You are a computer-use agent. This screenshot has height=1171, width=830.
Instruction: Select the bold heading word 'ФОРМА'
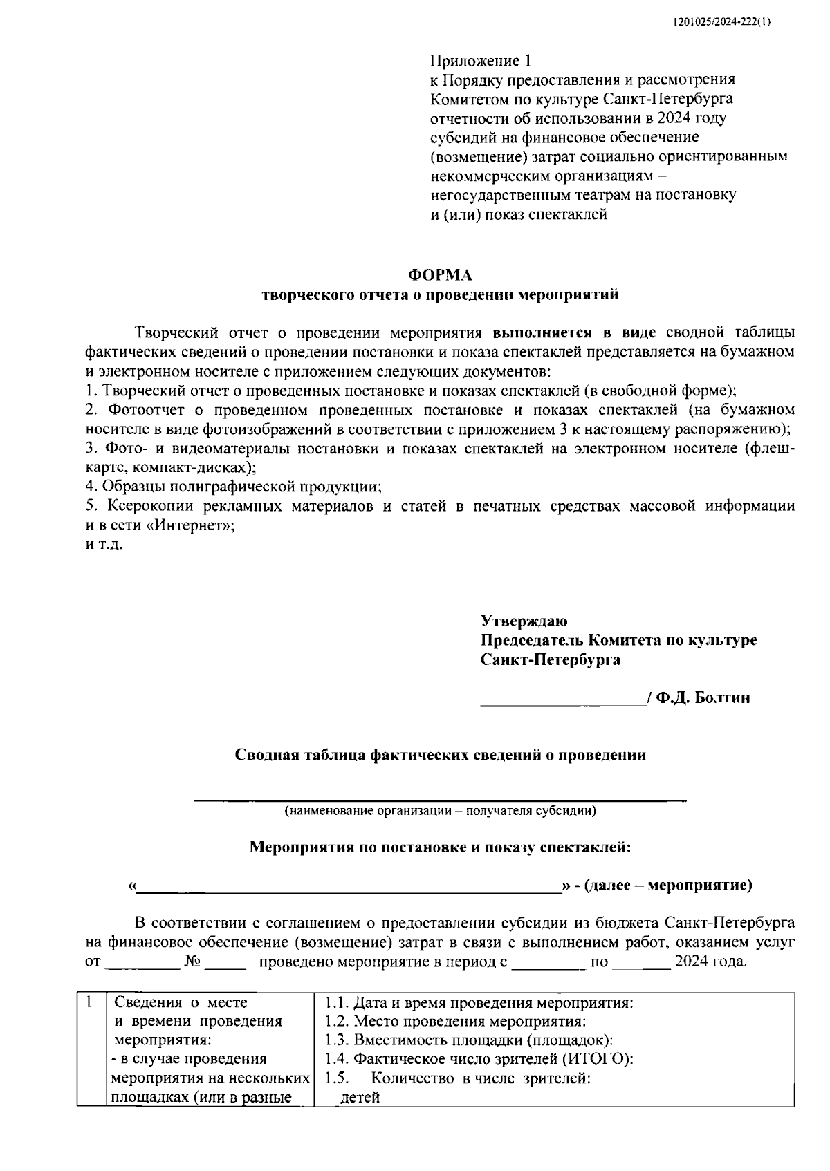(441, 276)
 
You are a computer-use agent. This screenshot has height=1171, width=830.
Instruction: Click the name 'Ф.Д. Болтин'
(702, 697)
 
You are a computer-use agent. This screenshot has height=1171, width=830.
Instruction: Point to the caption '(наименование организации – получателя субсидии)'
(441, 811)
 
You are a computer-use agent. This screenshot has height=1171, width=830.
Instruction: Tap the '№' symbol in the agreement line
(193, 962)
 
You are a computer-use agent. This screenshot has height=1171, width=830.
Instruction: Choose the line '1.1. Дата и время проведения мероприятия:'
(479, 1002)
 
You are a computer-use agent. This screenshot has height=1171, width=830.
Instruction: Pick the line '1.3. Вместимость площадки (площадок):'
(469, 1040)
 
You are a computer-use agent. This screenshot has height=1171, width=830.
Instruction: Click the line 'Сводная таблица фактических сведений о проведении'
(441, 755)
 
